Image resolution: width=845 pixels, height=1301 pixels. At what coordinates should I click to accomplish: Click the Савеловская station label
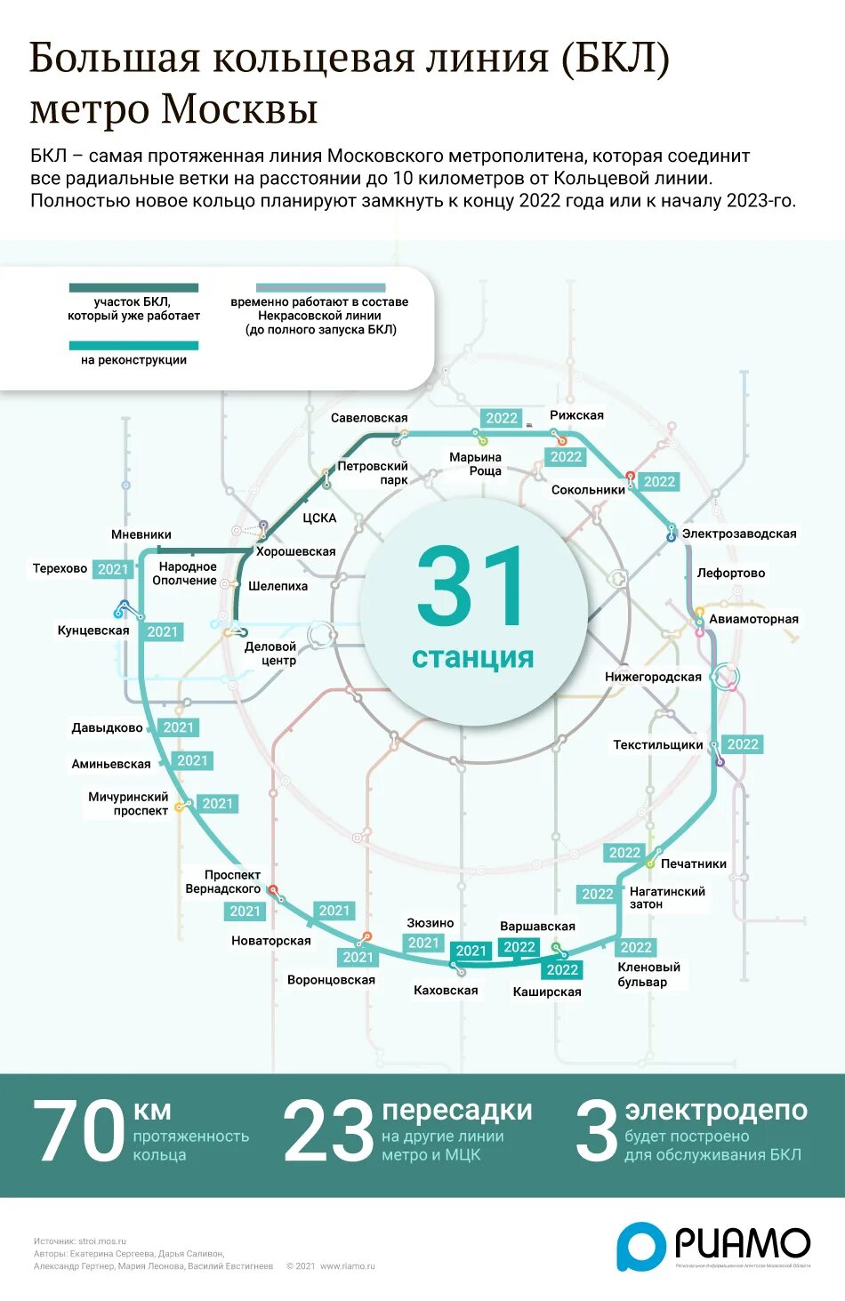click(369, 418)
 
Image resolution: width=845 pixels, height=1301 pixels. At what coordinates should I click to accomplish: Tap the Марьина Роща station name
click(476, 464)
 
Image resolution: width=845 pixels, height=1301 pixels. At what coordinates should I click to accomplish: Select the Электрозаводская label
click(739, 534)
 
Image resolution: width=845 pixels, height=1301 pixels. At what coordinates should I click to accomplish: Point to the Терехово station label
click(60, 568)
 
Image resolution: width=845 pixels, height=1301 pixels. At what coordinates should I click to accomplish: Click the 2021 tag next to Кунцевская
click(163, 632)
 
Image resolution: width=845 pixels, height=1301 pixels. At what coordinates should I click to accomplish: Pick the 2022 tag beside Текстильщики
click(743, 744)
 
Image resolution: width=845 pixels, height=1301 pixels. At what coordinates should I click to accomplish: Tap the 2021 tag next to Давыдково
click(179, 727)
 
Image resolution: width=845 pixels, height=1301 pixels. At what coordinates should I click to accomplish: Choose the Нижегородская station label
click(654, 677)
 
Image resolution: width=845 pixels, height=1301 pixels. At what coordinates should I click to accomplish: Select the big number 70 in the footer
click(78, 1131)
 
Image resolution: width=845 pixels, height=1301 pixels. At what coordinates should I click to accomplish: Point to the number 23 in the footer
click(328, 1131)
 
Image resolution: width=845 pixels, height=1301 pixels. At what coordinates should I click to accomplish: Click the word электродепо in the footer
click(716, 1110)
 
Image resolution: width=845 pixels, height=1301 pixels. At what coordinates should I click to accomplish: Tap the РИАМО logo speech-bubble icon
click(641, 1246)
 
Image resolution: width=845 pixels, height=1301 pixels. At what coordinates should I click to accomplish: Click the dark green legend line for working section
click(133, 288)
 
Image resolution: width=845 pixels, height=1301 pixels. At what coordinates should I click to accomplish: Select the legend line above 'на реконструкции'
click(133, 346)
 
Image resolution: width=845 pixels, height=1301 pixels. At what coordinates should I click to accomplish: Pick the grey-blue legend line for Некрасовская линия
click(320, 288)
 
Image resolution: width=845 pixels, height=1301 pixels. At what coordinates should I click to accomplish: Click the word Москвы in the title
click(239, 109)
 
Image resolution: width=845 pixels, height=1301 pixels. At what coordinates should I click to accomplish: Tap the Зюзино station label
click(431, 923)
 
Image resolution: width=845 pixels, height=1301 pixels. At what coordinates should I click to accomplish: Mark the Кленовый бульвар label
click(648, 975)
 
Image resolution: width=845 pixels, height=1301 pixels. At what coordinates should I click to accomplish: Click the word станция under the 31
click(472, 658)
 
